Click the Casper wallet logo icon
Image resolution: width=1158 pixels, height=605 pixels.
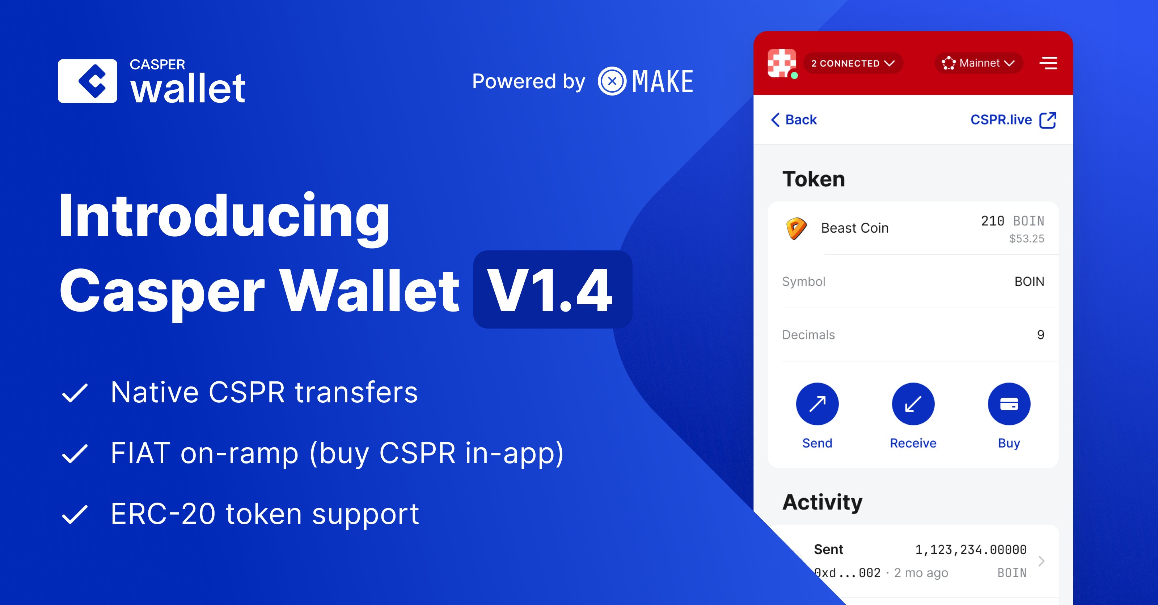coord(88,81)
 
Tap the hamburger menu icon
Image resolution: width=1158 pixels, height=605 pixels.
coord(1048,63)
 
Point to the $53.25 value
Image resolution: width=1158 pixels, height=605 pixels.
coord(1026,239)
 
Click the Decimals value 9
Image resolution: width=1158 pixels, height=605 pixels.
coord(1040,335)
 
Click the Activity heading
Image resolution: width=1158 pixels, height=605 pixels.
coord(822,502)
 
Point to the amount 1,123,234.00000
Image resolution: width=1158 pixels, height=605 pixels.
coord(971,550)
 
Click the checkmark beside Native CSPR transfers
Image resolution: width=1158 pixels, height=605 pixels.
coord(75,393)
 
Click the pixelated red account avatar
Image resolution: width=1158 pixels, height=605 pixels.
coord(782,63)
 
